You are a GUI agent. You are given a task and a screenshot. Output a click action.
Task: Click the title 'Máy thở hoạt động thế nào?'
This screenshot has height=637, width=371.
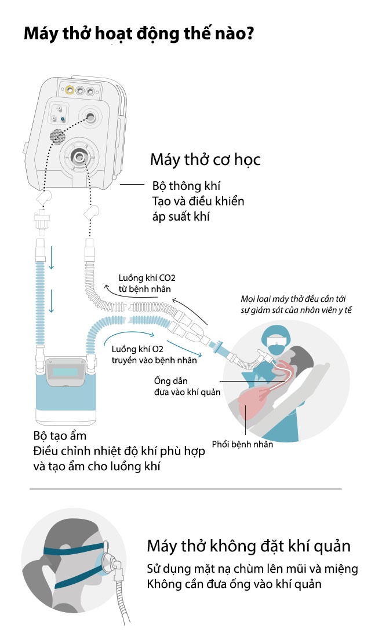pos(139,33)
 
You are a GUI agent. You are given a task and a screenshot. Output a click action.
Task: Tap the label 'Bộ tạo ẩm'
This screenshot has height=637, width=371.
pos(59,436)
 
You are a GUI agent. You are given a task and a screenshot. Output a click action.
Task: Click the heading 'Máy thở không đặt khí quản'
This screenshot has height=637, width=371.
pos(249,546)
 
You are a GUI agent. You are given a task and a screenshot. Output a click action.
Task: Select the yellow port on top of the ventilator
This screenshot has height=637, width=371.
pos(70,90)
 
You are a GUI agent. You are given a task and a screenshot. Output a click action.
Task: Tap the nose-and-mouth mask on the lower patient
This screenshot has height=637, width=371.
pos(108,561)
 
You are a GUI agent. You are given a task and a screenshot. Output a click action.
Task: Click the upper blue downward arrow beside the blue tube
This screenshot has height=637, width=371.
pos(51,257)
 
